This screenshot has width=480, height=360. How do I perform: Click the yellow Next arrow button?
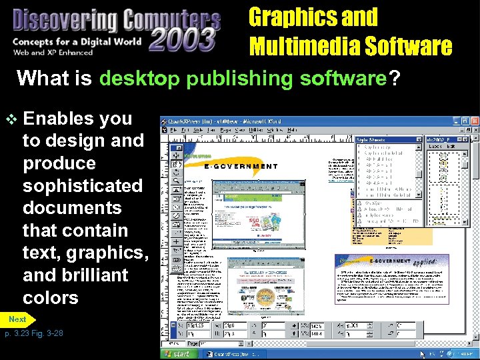coord(18,319)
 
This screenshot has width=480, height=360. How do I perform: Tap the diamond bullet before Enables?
coord(11,119)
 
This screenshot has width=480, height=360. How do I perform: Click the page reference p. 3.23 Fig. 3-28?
coord(34,333)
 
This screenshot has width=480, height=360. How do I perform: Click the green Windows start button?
coord(179,354)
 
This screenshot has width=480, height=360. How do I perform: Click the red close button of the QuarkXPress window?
coord(474,121)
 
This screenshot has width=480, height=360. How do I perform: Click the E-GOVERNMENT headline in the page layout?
coord(241,167)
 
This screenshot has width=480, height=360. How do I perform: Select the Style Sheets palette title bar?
coord(389,140)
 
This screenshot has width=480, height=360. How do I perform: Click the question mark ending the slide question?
coord(395,79)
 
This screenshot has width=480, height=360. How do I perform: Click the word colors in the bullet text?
coord(51,297)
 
